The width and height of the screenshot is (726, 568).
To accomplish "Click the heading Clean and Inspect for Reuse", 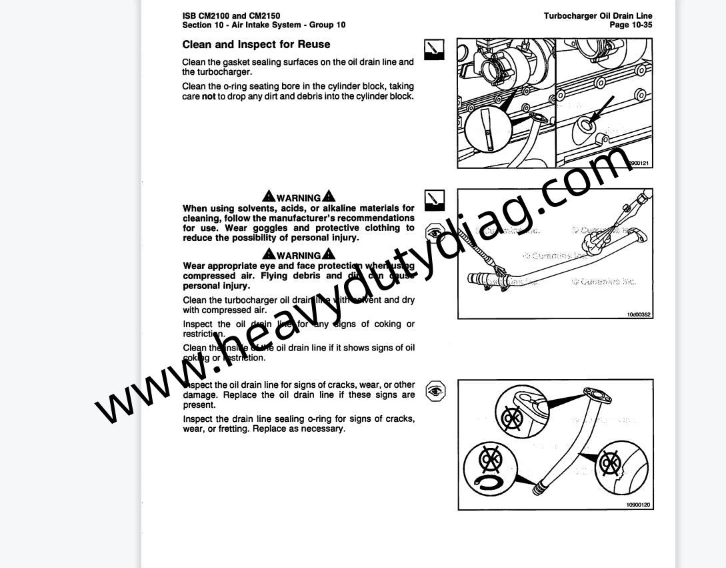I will coord(256,45).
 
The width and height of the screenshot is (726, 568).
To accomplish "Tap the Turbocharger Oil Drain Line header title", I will coord(598,16).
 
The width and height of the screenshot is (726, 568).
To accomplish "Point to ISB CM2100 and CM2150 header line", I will coord(231,16).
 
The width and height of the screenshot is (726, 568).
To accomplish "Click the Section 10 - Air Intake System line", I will coord(263,25).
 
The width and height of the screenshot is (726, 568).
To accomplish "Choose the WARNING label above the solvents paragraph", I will coord(299,198).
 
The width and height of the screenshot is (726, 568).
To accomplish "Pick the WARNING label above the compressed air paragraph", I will coord(299,255).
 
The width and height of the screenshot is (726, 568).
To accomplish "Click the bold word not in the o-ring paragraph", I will coord(209,96).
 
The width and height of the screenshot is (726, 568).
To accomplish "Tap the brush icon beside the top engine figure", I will coord(434,49).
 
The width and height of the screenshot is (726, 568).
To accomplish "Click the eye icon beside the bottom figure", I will coord(435,390).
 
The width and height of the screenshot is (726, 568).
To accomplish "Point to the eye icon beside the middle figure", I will coord(435,234).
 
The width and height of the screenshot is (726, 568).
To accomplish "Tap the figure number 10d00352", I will coord(638,314).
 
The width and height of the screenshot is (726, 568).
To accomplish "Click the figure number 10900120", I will coord(638,505).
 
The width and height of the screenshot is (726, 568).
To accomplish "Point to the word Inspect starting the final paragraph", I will coord(198,419).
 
